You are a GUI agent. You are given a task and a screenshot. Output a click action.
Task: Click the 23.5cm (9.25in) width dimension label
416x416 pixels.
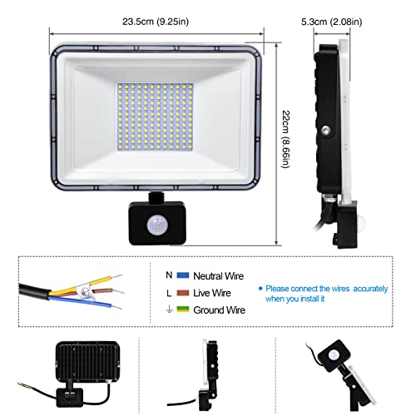156,22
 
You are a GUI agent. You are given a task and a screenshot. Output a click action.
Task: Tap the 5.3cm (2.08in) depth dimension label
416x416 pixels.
332,22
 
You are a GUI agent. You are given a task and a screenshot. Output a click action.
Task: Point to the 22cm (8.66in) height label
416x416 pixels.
286,139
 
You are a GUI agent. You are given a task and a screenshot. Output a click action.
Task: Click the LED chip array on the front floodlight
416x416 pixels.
155,116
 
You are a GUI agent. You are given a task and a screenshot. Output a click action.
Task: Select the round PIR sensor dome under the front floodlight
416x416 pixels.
156,226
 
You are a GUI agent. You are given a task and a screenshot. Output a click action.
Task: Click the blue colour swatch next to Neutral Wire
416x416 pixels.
183,275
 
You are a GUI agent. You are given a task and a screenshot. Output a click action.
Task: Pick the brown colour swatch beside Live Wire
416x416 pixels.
183,293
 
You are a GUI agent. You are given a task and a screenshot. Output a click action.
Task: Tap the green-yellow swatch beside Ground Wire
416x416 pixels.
183,310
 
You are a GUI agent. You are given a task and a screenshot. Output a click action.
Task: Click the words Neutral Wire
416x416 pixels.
218,276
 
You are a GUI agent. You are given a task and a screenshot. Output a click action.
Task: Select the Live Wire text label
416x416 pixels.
212,293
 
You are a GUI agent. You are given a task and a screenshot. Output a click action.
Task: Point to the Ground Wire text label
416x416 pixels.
219,310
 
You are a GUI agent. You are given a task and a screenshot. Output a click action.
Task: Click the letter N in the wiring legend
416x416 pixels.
169,275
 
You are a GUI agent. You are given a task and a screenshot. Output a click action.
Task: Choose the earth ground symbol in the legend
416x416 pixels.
169,310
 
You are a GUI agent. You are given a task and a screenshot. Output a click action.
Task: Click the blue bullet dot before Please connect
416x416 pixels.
260,289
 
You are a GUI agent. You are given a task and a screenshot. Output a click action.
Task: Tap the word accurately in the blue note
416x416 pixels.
370,289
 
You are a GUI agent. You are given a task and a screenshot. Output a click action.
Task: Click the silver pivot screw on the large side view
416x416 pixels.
326,130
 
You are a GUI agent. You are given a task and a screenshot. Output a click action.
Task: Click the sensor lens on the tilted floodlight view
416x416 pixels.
333,354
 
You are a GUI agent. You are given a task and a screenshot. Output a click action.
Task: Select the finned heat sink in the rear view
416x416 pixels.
88,360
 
